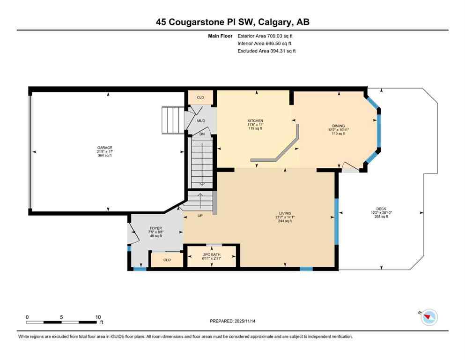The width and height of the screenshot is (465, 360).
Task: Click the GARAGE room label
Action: [105, 148]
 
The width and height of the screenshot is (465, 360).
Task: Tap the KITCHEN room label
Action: [255, 121]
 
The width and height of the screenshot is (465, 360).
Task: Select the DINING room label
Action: [338, 126]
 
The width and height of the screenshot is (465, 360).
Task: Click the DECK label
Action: [381, 209]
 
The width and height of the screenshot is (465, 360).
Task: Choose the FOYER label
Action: [155, 228]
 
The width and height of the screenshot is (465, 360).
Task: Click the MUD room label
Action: [201, 121]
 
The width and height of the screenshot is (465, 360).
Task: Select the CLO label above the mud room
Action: [200, 97]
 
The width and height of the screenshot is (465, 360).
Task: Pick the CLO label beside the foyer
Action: [167, 260]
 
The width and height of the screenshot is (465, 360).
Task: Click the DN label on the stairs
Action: [202, 134]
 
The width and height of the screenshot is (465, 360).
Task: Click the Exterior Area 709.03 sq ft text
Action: [267, 36]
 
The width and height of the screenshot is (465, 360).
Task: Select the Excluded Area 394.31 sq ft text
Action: [267, 51]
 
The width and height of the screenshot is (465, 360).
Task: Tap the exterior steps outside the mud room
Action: [171, 120]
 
